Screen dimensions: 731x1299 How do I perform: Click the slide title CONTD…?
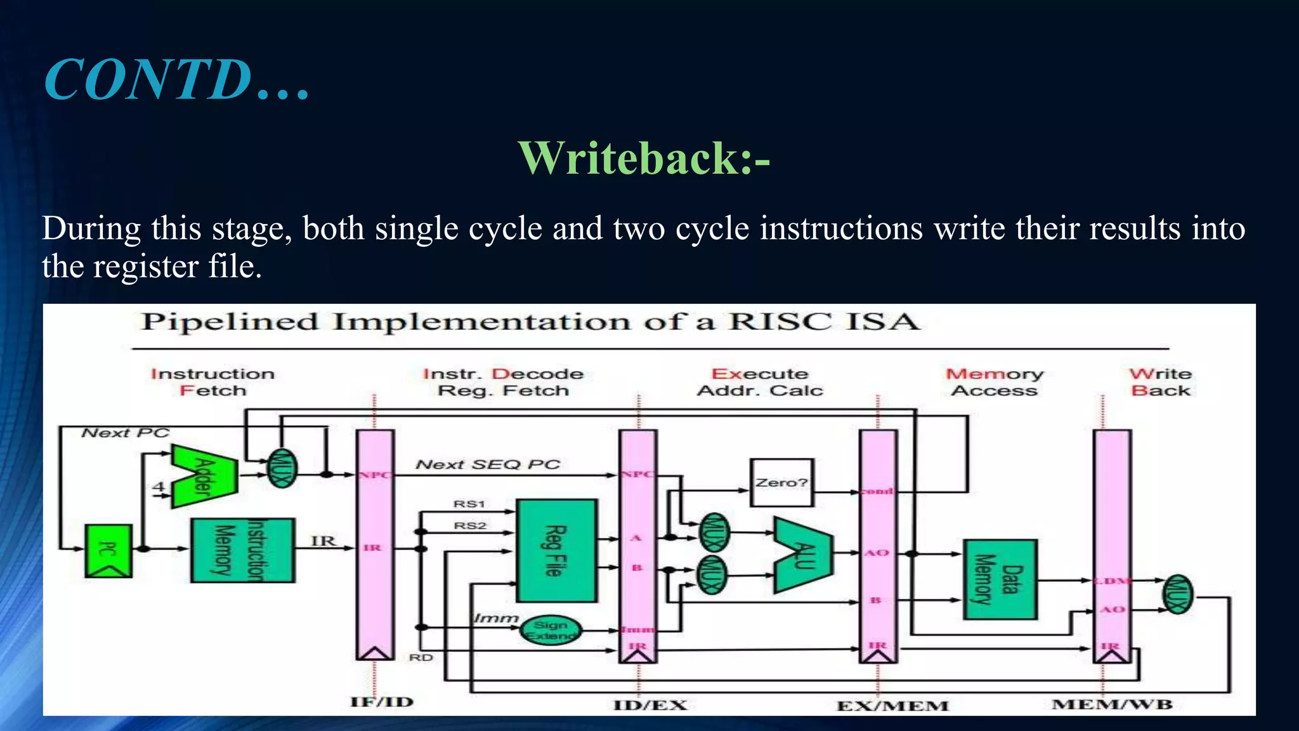pos(176,80)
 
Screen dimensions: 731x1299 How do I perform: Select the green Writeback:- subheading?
pos(644,158)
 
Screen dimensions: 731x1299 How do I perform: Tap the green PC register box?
pos(108,550)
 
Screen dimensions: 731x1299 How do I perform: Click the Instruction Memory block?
pos(242,550)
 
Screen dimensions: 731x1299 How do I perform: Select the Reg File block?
pos(556,550)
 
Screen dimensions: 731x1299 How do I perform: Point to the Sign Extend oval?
pos(551,630)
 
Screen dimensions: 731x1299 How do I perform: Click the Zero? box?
pos(781,483)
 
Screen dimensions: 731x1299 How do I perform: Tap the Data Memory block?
pos(1000,579)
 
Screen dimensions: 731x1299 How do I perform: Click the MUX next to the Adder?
pos(281,468)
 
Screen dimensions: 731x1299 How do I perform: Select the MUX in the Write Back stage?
pos(1177,595)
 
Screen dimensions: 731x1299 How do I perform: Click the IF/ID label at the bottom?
pos(381,702)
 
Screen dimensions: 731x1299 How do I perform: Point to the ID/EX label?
pos(649,705)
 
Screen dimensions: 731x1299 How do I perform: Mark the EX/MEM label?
pos(892,706)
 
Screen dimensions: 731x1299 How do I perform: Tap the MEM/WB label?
pos(1112,704)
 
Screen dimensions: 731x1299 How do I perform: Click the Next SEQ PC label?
pos(488,465)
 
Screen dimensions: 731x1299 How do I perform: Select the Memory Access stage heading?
pos(994,382)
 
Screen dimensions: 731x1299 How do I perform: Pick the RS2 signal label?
pos(469,526)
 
